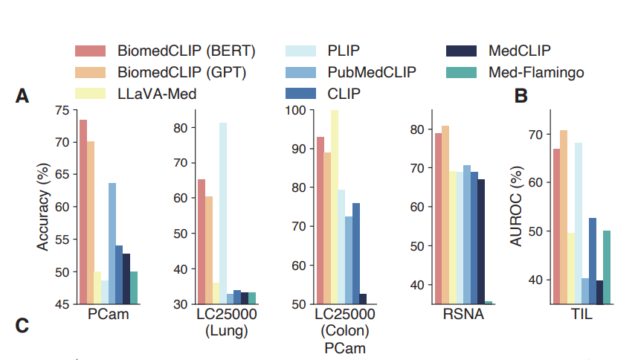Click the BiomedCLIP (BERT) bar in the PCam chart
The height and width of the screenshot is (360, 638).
pos(83,212)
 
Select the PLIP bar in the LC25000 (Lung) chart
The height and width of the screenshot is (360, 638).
pos(223,213)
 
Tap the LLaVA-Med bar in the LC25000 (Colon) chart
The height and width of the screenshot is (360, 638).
pos(335,207)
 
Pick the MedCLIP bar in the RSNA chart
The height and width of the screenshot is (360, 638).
pos(481,242)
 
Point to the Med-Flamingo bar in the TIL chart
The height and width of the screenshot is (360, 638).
pos(607,268)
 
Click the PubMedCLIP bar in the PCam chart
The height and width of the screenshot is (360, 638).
pos(112,244)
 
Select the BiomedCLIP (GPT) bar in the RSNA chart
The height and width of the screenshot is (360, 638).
pos(445,215)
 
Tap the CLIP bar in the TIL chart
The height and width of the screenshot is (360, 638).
pos(593,261)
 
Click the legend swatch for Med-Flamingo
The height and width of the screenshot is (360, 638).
pos(461,72)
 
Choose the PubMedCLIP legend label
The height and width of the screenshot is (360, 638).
pos(372,72)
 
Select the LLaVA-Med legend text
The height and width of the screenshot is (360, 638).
pos(157,94)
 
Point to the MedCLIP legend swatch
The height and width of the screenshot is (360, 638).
pos(461,51)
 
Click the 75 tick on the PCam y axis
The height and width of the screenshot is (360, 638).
pos(62,110)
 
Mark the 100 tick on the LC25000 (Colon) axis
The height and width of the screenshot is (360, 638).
pos(296,110)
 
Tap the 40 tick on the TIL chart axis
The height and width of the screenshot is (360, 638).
pos(536,280)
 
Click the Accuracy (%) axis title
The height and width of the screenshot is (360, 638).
pos(42,207)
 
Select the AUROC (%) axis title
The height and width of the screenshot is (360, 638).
pos(516,206)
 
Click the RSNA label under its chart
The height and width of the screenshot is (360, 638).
pos(463,315)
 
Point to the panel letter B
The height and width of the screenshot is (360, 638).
pos(521,96)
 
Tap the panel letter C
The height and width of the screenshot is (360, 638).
pos(22,326)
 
